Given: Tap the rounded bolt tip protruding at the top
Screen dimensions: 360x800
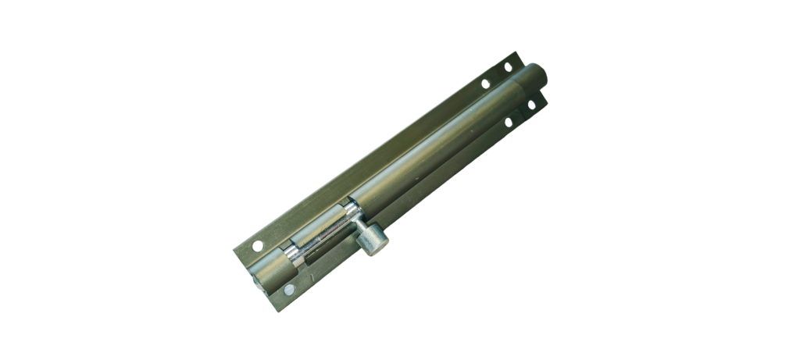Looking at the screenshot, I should click(x=539, y=78).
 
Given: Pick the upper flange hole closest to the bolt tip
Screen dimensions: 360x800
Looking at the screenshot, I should click(x=508, y=67).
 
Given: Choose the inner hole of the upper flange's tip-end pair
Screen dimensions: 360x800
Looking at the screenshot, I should click(x=485, y=83).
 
